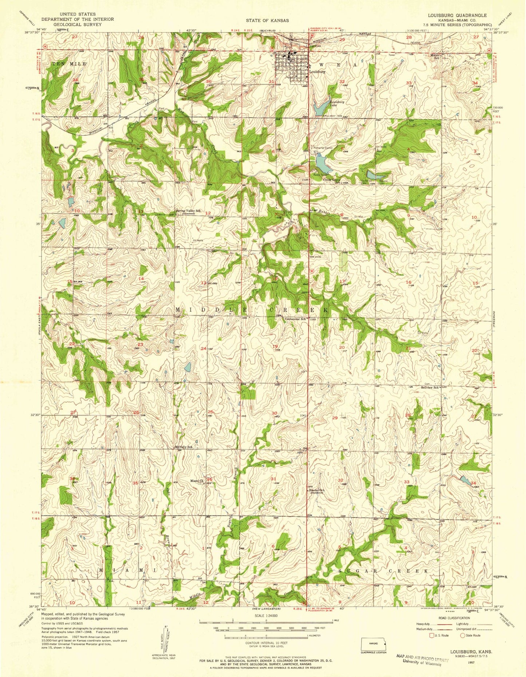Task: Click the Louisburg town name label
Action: click(x=317, y=72)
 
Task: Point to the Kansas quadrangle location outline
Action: click(x=373, y=643)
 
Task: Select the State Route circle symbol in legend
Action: click(x=463, y=635)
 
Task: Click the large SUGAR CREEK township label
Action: click(x=383, y=571)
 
